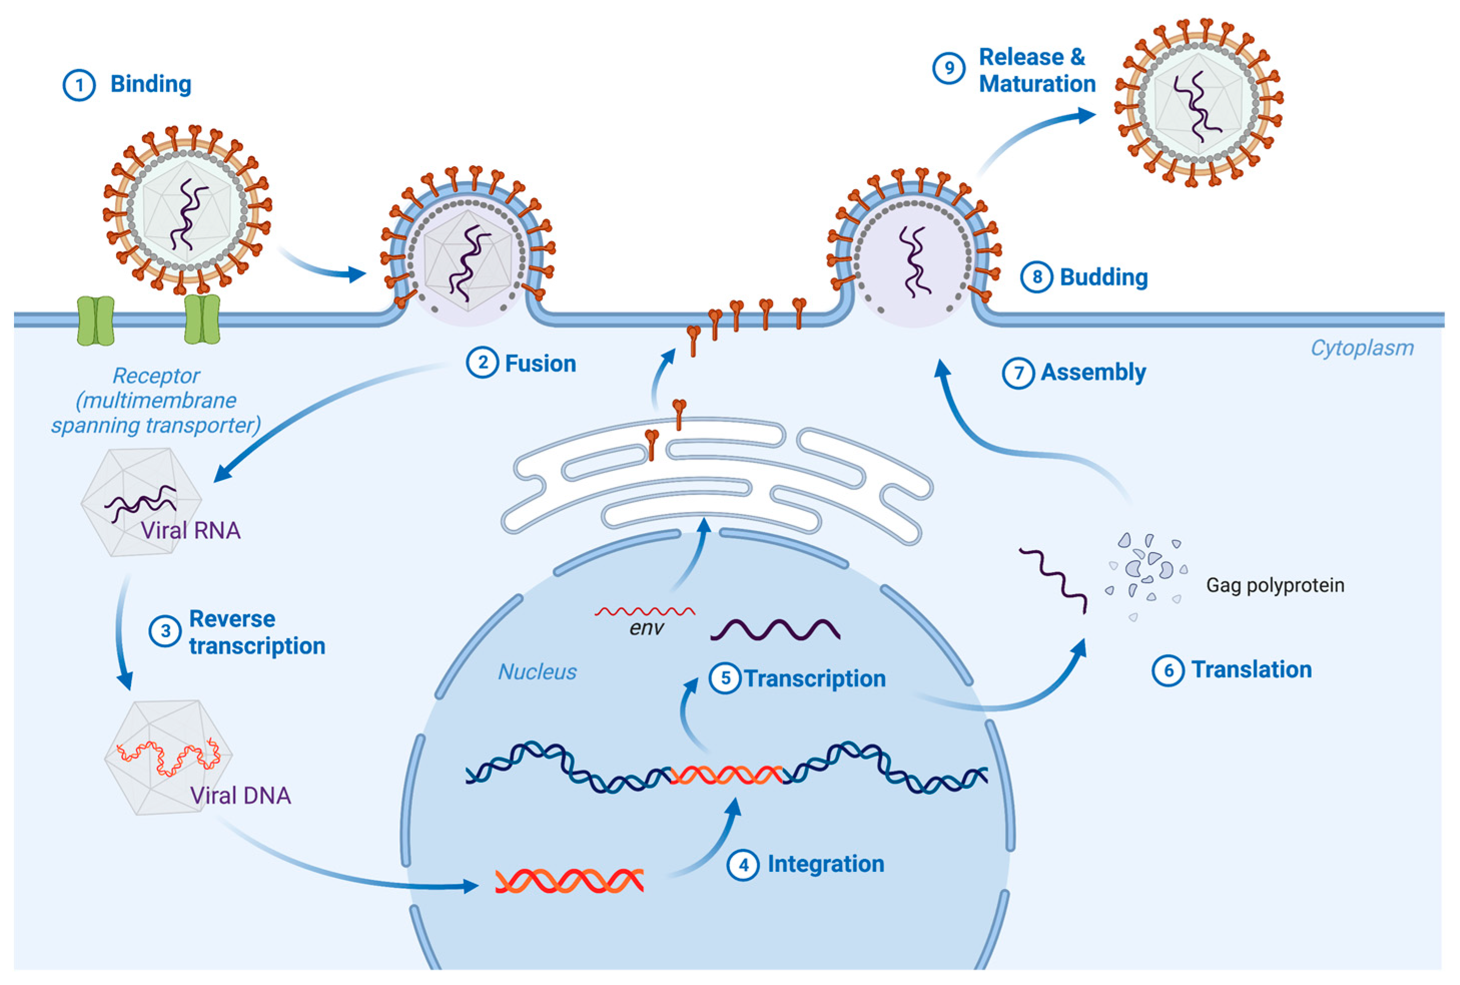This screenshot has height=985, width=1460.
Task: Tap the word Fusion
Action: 540,364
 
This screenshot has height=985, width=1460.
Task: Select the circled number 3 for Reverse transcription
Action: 165,631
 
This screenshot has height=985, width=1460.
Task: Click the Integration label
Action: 825,864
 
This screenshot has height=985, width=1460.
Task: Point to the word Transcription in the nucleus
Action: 815,679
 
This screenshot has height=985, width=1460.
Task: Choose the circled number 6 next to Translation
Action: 1168,670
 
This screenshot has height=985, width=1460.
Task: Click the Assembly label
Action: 1093,372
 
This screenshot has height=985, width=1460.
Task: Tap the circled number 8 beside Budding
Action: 1037,277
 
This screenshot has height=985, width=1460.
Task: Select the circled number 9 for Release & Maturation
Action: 948,69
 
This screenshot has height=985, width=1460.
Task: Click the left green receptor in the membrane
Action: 96,321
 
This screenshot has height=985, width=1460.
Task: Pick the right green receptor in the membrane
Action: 202,320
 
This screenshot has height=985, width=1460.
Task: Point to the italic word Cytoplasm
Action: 1361,348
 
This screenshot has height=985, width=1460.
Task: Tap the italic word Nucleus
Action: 537,672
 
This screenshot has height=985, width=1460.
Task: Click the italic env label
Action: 647,628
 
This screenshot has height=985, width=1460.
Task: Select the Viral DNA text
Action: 241,796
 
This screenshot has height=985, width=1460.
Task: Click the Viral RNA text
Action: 190,531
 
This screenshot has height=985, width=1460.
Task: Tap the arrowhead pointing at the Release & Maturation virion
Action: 1087,115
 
